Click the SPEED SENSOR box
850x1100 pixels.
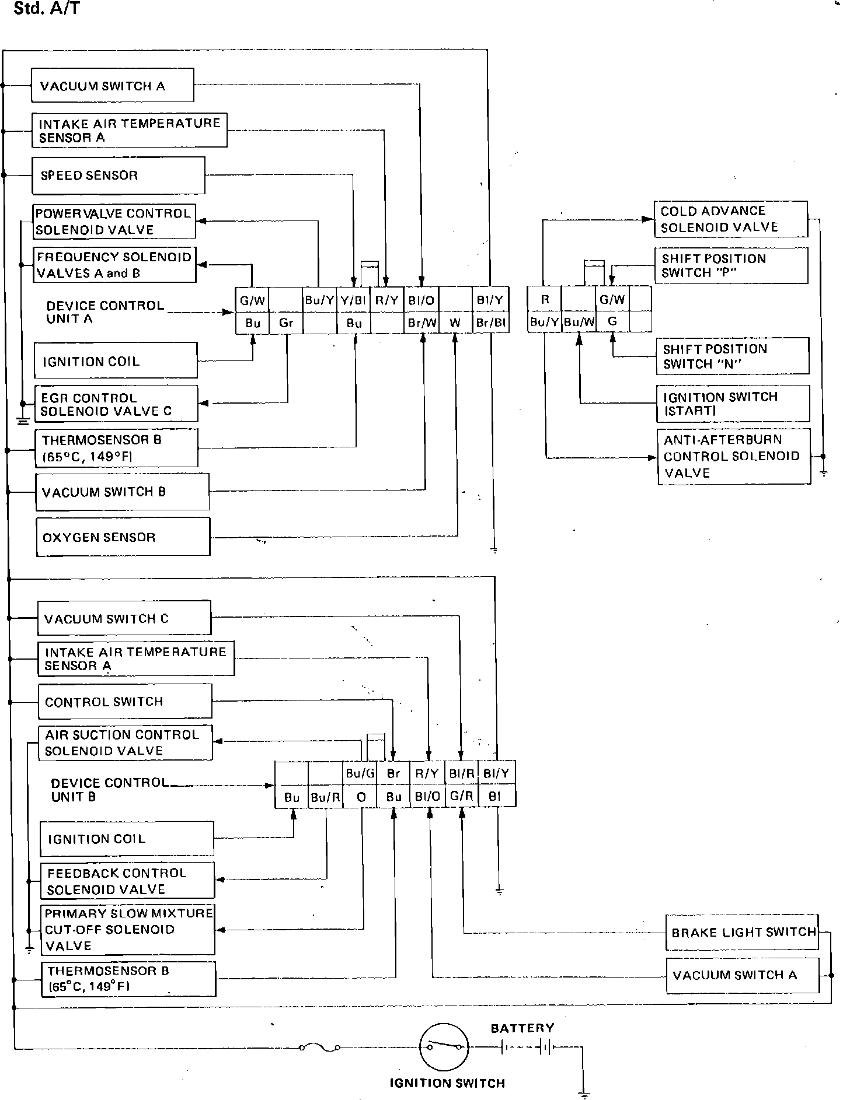(118, 176)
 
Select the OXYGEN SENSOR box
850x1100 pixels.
(123, 537)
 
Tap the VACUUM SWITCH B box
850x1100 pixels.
(122, 492)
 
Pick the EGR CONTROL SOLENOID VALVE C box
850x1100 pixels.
(116, 404)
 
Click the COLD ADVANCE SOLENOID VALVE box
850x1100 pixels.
(730, 219)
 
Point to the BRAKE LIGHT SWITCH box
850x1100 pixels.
(742, 933)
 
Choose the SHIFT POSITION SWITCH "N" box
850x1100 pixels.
(732, 356)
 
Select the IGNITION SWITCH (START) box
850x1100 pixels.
(733, 404)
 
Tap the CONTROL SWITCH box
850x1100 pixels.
(124, 702)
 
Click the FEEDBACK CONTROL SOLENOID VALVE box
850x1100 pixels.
(127, 881)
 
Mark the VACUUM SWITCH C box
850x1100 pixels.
(124, 618)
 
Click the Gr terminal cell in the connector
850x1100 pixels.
(286, 323)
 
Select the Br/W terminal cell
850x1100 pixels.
(421, 323)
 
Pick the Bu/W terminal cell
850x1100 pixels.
(579, 321)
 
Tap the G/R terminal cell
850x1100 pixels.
(461, 796)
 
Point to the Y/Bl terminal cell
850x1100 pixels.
(353, 301)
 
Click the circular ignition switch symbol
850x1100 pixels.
(444, 1047)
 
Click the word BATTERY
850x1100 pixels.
(522, 1028)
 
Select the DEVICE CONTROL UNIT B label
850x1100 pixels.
(109, 790)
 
